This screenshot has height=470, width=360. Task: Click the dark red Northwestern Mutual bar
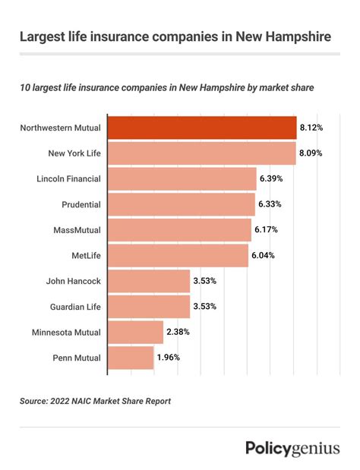[201, 128]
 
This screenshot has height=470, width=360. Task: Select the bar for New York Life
[201, 153]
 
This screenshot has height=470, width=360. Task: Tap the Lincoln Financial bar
[182, 178]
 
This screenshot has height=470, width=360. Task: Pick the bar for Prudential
[181, 204]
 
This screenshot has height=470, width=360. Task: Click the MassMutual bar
[179, 229]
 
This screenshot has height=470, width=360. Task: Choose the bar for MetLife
[178, 255]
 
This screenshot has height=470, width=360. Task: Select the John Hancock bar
[149, 281]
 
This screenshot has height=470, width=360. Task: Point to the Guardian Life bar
[149, 306]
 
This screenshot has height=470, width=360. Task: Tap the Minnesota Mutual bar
[135, 332]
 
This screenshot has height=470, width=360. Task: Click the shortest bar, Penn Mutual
[131, 357]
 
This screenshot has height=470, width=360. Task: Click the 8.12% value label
[311, 128]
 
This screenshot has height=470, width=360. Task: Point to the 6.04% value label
[263, 255]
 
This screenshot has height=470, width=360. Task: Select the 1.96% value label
[169, 357]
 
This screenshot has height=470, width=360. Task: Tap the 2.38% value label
[178, 332]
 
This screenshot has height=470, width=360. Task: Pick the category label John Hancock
[74, 281]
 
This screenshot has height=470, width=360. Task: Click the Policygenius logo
[292, 448]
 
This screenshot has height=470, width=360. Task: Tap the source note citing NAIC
[95, 401]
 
